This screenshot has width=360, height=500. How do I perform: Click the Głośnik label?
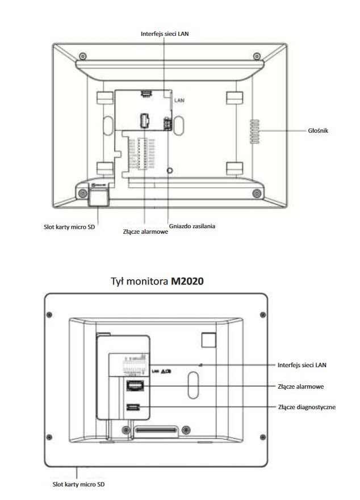(x=317, y=131)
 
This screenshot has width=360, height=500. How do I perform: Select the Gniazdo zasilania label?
(x=192, y=226)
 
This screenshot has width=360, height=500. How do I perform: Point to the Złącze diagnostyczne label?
(x=307, y=407)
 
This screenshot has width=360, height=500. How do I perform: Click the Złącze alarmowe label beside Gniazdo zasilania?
(x=145, y=232)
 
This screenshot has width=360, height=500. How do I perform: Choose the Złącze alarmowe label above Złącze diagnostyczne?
(x=301, y=386)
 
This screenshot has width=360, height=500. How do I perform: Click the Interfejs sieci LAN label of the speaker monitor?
(x=165, y=33)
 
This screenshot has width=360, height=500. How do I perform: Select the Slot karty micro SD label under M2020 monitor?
(x=76, y=484)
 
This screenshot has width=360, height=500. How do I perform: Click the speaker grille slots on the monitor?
(x=253, y=131)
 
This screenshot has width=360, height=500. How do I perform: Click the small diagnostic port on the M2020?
(x=134, y=407)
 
